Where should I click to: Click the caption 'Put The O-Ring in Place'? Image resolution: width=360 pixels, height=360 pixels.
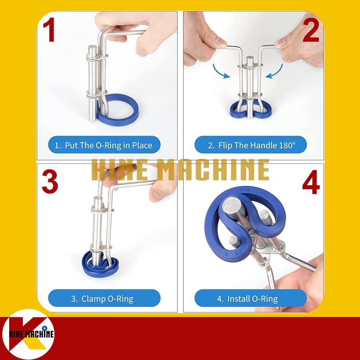click(x=104, y=145)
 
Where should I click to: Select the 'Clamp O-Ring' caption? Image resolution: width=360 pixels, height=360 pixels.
click(x=104, y=298)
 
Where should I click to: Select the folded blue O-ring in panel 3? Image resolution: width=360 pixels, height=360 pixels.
click(x=100, y=265)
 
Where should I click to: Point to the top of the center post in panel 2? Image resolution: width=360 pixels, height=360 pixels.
click(x=250, y=59)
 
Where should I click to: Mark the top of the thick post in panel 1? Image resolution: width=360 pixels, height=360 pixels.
click(x=92, y=48)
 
